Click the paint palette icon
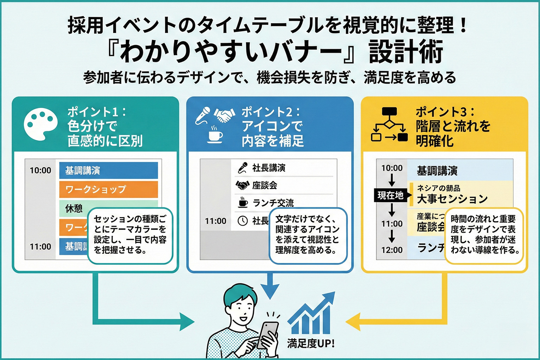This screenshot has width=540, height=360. (40, 124)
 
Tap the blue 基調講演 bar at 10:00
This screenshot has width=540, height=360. (108, 171)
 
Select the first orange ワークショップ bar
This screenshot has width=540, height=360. (108, 189)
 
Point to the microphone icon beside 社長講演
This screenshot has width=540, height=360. (243, 168)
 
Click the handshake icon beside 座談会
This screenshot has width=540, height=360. (242, 185)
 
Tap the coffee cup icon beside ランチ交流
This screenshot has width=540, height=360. (243, 202)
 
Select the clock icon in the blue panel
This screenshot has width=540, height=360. (243, 221)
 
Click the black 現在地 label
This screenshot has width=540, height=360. (391, 195)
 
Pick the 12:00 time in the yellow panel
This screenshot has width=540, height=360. (392, 250)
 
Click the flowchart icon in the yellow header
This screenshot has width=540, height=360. (390, 124)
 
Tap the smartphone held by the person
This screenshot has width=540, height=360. (268, 334)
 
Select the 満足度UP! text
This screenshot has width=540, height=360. (311, 343)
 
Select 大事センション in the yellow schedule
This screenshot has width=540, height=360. (452, 199)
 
